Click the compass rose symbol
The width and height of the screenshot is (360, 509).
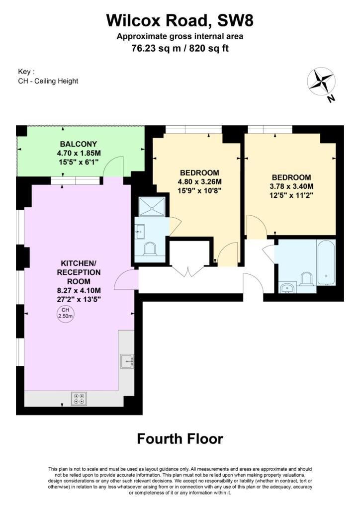coord(321,82)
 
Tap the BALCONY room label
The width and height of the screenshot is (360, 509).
coord(79,144)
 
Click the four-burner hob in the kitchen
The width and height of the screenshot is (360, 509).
coord(79,399)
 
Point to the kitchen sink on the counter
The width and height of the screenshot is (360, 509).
coord(127,361)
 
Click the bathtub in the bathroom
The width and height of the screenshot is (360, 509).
coord(326,262)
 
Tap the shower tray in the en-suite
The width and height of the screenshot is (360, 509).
coord(152,206)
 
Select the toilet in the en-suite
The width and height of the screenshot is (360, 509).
coord(150,249)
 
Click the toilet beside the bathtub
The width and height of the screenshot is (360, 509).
coord(306,279)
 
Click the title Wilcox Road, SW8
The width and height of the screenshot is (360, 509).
coord(180,20)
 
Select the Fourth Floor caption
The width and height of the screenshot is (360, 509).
coord(180,438)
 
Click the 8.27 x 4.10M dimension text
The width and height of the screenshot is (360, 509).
coord(79,290)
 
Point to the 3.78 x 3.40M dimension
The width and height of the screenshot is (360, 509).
coord(291,186)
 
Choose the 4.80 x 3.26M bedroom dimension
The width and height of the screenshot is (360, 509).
coord(199,182)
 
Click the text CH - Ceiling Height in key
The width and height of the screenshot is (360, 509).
coord(48,81)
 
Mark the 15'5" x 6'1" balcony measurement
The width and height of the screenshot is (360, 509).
coord(79,162)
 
